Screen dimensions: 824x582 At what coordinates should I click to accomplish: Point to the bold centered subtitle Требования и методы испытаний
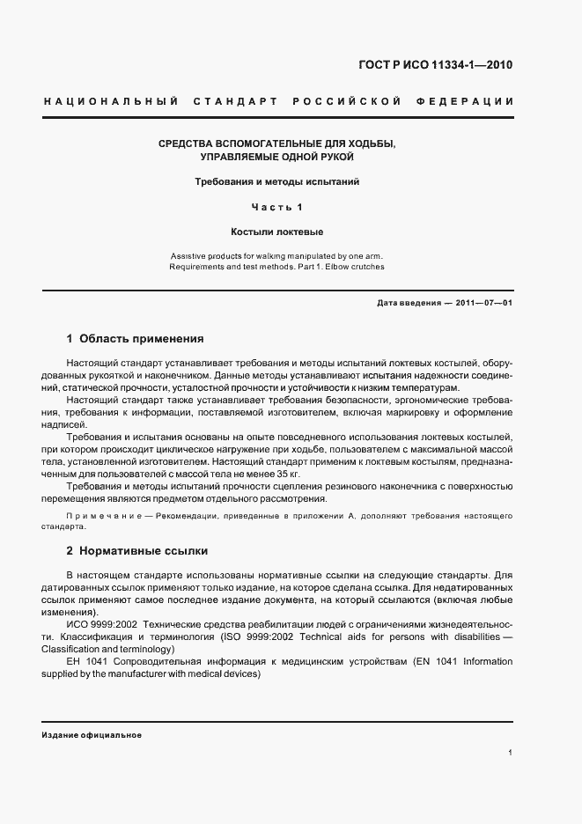(x=277, y=182)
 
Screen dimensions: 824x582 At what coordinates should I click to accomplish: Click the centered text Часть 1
(x=277, y=208)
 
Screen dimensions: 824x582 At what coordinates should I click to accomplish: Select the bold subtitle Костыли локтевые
(x=277, y=232)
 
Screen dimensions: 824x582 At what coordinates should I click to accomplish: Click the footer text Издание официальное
(x=91, y=734)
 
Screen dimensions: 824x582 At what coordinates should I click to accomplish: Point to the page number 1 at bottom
(x=510, y=754)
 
